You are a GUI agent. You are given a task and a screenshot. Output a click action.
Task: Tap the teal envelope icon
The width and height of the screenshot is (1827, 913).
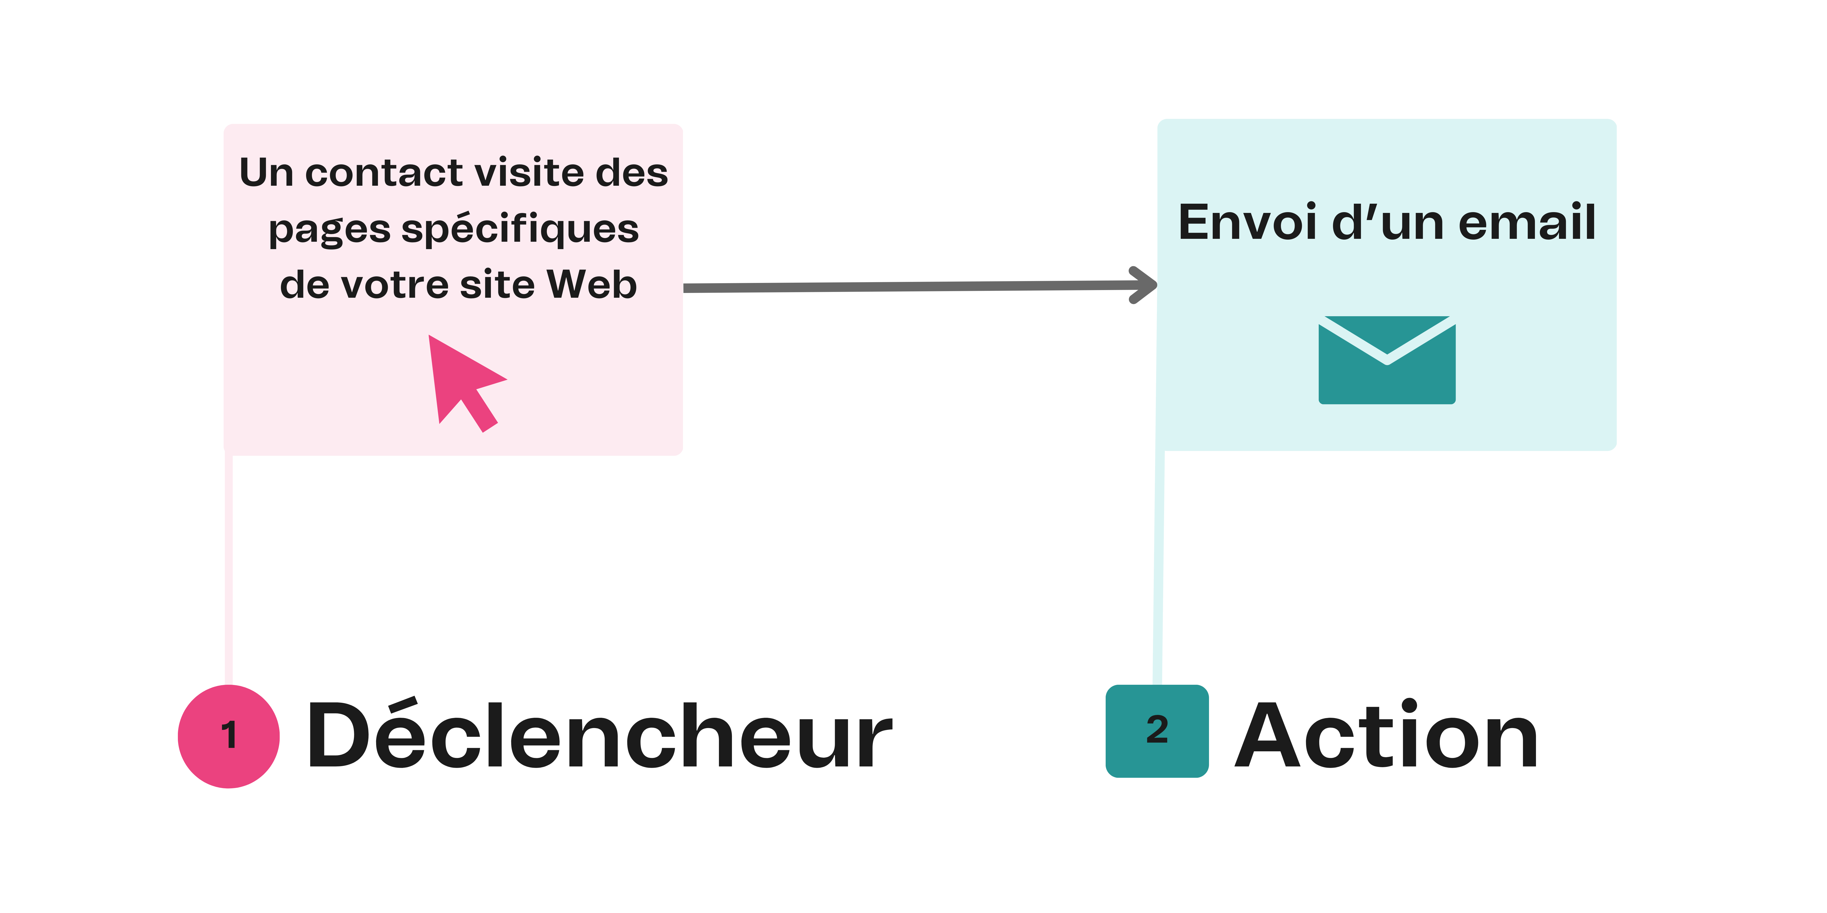pyautogui.click(x=1387, y=361)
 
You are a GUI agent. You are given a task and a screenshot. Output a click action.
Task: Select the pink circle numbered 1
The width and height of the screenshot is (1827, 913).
pyautogui.click(x=228, y=736)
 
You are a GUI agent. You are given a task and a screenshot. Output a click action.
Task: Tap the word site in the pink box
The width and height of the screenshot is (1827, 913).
pyautogui.click(x=496, y=285)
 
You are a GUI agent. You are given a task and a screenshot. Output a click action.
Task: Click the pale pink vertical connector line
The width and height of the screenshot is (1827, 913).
pyautogui.click(x=228, y=567)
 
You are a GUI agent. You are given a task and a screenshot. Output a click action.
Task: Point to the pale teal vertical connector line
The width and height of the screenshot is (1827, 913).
pyautogui.click(x=1159, y=567)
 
